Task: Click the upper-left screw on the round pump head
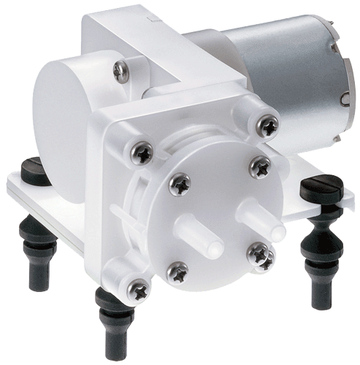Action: pyautogui.click(x=179, y=183)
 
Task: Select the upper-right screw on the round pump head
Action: pyautogui.click(x=260, y=168)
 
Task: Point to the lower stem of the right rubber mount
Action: pyautogui.click(x=319, y=285)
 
